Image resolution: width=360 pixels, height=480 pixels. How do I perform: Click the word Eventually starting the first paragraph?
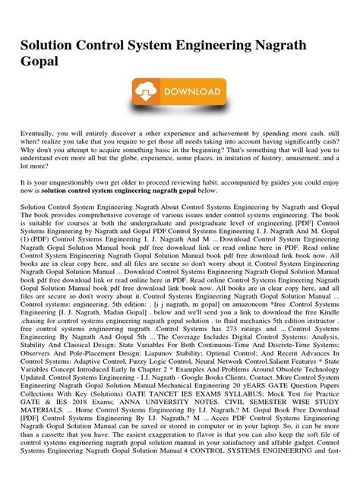pyautogui.click(x=42, y=134)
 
